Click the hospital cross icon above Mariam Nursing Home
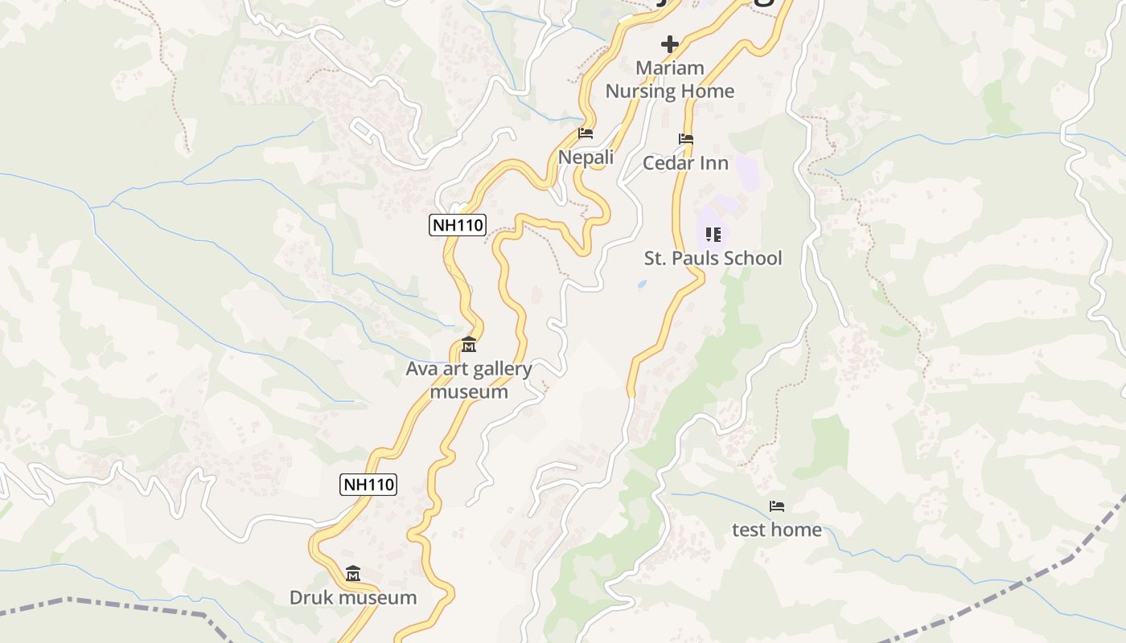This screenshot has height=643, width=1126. point(669,44)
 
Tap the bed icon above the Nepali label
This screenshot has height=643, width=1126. point(586,133)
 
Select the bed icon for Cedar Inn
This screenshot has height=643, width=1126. point(685,139)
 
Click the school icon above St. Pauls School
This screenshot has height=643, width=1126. point(713,234)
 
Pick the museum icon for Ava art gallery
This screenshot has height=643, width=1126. point(469,346)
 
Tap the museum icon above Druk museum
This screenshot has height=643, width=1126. point(353,574)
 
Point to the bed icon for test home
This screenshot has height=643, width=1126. point(776,506)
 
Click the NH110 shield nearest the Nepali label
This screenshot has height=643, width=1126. point(458,225)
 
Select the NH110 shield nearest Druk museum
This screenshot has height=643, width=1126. point(368,484)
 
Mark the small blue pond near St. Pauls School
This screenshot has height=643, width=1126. point(641,284)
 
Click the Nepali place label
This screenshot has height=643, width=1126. point(586,158)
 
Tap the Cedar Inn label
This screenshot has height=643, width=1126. point(685,163)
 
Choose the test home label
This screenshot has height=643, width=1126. point(776,530)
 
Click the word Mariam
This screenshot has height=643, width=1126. point(669,68)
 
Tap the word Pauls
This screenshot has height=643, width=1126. point(689,258)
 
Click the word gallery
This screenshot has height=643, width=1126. point(501,369)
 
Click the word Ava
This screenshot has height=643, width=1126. point(421,369)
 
